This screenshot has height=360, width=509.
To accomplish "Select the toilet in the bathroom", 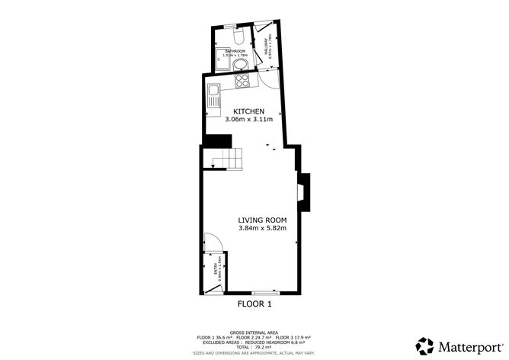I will (237, 38).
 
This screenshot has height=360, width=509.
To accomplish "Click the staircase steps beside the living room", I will (226, 158).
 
